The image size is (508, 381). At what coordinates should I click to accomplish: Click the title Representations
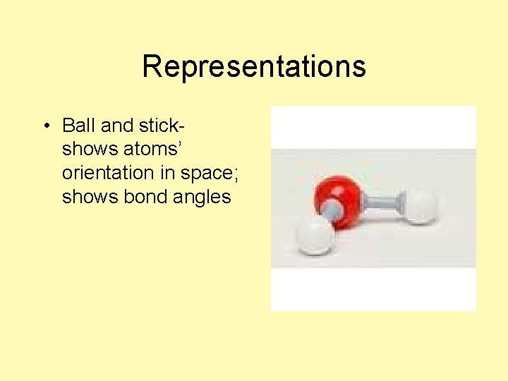coord(253,67)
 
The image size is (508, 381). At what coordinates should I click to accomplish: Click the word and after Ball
coord(116,126)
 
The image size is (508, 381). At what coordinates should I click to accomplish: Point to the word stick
coord(159,126)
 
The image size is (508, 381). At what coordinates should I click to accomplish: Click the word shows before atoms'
coord(85,150)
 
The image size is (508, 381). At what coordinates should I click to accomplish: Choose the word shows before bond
coord(85,196)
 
